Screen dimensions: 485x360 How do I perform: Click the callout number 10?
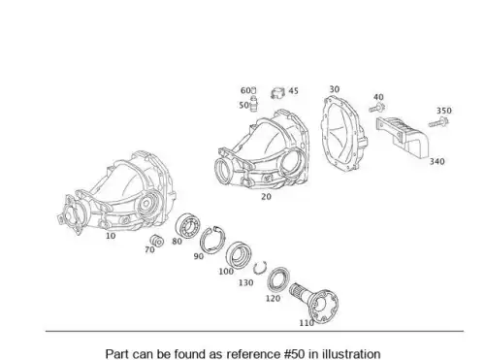pos(111,236)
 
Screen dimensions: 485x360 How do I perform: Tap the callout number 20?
pos(266,197)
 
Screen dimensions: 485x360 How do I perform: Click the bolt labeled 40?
pos(376,108)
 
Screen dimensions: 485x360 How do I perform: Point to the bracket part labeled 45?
pos(277,93)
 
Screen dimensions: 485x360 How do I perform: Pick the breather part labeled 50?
pos(254,104)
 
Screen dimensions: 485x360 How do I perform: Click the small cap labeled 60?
pos(253,90)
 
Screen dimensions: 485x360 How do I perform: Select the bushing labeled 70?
pos(157,241)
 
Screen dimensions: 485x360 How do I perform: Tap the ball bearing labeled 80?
pos(187,226)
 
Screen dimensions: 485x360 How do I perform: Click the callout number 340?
pos(436,161)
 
